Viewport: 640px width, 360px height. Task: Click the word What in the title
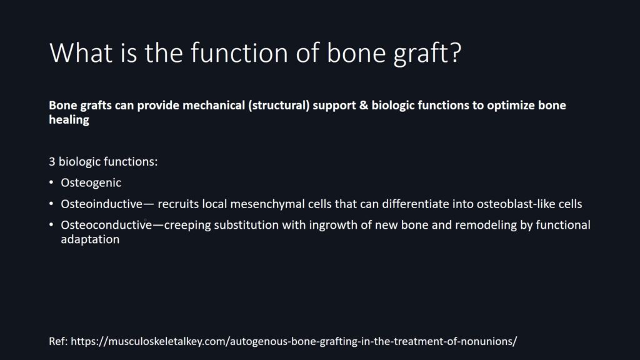pyautogui.click(x=81, y=52)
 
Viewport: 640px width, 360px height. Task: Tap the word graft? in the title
pyautogui.click(x=427, y=54)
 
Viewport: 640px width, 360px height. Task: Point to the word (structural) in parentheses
pyautogui.click(x=279, y=105)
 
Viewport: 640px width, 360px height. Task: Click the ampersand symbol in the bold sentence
pyautogui.click(x=364, y=105)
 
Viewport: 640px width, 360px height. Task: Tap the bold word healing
pyautogui.click(x=69, y=120)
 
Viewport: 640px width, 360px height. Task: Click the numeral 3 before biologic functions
pyautogui.click(x=52, y=162)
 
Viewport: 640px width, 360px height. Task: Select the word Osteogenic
pyautogui.click(x=91, y=183)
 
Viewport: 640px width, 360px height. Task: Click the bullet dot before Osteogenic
pyautogui.click(x=51, y=182)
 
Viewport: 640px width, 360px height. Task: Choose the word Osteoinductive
pyautogui.click(x=102, y=204)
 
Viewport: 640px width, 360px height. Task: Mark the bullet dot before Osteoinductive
pyautogui.click(x=51, y=203)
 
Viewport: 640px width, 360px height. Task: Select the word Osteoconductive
pyautogui.click(x=106, y=225)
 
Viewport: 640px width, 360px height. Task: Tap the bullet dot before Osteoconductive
pyautogui.click(x=51, y=224)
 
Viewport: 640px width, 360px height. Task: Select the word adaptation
pyautogui.click(x=90, y=239)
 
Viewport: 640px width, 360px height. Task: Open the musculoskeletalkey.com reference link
pyautogui.click(x=294, y=341)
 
